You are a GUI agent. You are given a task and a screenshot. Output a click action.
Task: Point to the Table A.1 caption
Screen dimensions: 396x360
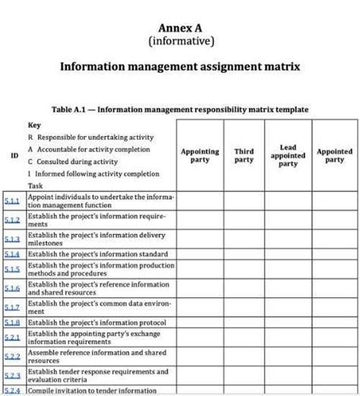[180, 109]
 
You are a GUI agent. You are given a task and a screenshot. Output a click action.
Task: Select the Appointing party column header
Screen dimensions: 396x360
[200, 156]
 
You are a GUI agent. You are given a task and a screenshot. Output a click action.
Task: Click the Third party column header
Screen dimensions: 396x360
[244, 156]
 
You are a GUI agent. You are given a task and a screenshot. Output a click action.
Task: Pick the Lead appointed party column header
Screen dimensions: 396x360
[288, 156]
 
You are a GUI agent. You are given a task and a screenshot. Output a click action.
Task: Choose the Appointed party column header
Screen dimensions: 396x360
[334, 156]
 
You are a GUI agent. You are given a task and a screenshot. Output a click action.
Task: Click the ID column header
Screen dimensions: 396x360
[14, 156]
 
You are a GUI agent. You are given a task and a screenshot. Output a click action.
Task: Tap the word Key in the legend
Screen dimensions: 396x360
[34, 124]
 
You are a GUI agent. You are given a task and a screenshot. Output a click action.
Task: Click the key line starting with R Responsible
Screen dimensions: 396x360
[90, 137]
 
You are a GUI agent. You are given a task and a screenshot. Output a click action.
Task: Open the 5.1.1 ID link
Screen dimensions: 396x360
[12, 201]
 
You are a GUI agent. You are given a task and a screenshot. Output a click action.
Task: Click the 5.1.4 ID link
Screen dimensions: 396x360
[12, 254]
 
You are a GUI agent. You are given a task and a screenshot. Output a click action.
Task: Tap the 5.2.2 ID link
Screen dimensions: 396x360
[12, 356]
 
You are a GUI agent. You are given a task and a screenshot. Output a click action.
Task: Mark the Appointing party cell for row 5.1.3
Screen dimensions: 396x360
[200, 239]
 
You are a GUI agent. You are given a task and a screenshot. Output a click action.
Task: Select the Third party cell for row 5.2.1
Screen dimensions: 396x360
[244, 337]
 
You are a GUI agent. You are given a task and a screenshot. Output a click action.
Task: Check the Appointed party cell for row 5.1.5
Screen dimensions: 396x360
[334, 270]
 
